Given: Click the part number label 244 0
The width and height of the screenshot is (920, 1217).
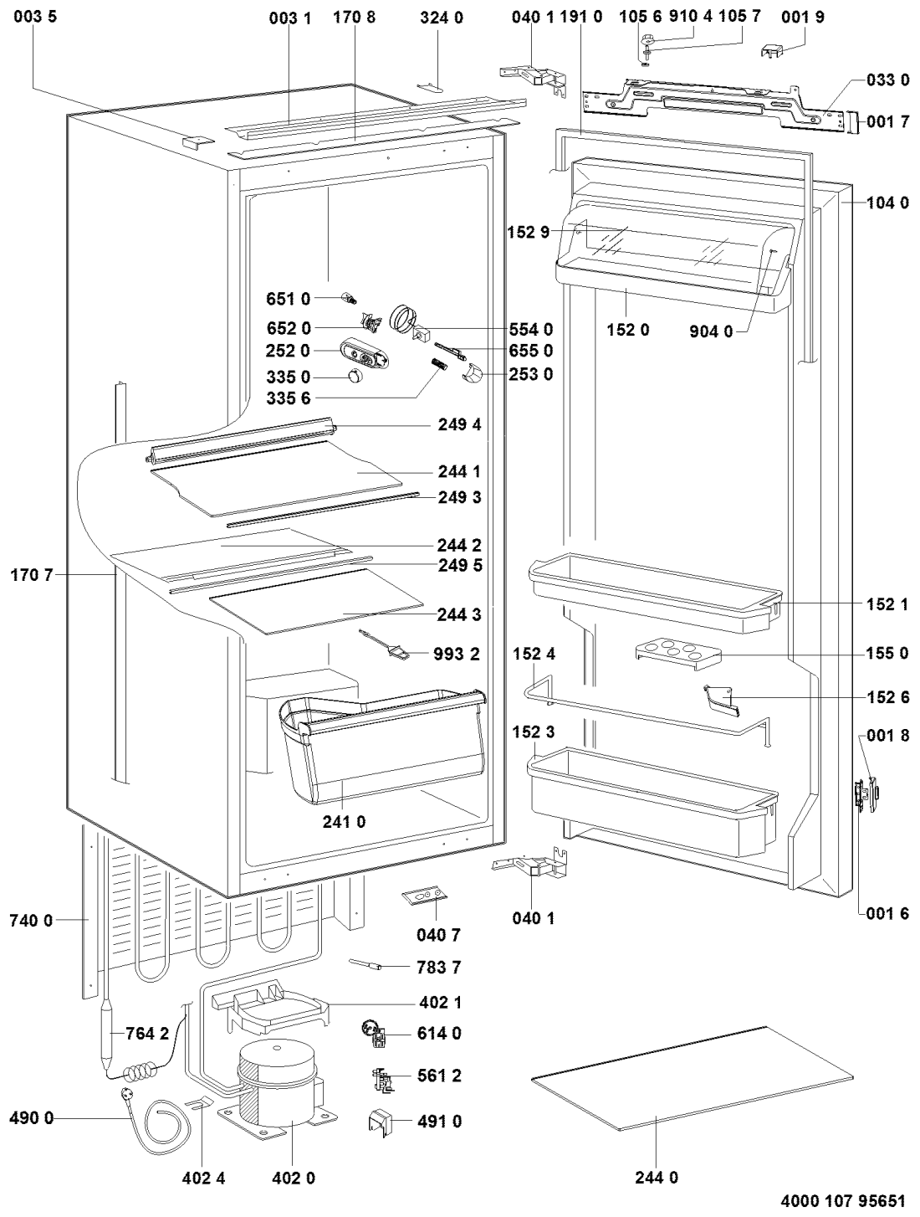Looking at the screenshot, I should pos(656,1178).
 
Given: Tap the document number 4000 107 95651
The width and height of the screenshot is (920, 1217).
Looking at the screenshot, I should pos(842,1202).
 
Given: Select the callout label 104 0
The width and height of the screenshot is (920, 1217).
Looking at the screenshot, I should pos(887,203).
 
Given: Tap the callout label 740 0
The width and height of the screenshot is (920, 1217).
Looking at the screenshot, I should pos(32,921).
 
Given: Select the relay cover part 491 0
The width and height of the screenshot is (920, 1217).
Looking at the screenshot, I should pos(381,1122).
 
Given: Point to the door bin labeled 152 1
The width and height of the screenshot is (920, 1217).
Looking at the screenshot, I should pos(652,594).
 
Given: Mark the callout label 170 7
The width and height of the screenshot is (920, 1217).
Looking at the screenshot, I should pos(32,575).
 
